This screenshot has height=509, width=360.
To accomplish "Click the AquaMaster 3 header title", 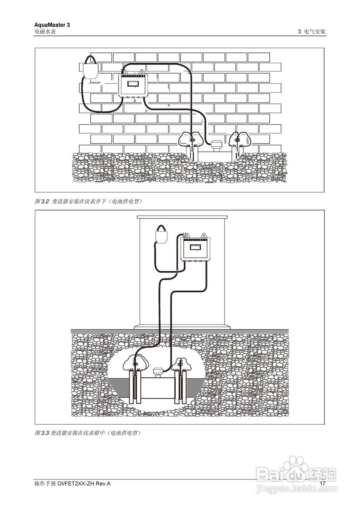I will (52, 25).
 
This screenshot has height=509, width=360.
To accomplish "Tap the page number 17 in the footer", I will (323, 483).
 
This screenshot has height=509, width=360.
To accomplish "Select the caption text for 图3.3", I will (88, 433).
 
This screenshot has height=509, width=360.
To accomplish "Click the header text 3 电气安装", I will (312, 31).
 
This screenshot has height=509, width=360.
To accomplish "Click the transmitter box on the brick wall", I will (133, 84).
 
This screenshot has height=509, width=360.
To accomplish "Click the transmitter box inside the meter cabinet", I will (195, 248).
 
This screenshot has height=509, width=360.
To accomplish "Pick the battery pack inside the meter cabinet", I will (161, 235).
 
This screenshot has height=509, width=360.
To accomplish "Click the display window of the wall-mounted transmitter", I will (133, 84).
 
